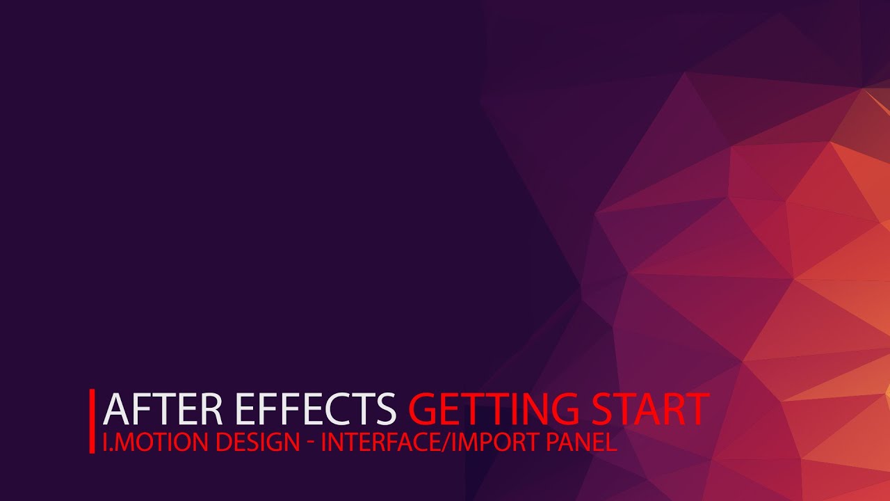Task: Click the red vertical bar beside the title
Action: tap(92, 421)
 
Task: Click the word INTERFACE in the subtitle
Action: tap(384, 443)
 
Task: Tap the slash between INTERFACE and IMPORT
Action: tap(449, 443)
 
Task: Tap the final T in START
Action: tap(696, 409)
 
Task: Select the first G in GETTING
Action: tap(423, 409)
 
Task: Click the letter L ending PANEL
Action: tap(612, 443)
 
